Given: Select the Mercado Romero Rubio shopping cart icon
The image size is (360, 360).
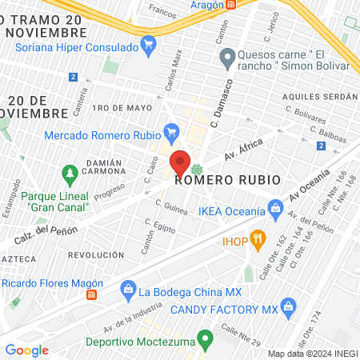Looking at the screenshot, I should tap(170, 130).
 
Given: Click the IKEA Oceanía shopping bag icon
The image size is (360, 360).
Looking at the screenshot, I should tap(276, 211).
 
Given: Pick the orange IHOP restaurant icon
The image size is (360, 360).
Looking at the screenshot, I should tap(257, 238).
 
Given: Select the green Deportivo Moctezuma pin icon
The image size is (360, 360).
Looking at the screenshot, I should tap(205, 339).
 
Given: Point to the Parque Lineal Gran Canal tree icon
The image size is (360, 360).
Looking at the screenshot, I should tap(70, 172).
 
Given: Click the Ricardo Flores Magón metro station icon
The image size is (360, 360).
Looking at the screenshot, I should tap(92, 294).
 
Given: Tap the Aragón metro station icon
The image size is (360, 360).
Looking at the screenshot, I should tap(230, 5).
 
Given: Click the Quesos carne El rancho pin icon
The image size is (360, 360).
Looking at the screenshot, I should tap(226, 57).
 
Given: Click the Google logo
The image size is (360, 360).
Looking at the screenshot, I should tap(26, 350).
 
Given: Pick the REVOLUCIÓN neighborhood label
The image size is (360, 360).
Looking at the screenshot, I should tap(95, 255).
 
